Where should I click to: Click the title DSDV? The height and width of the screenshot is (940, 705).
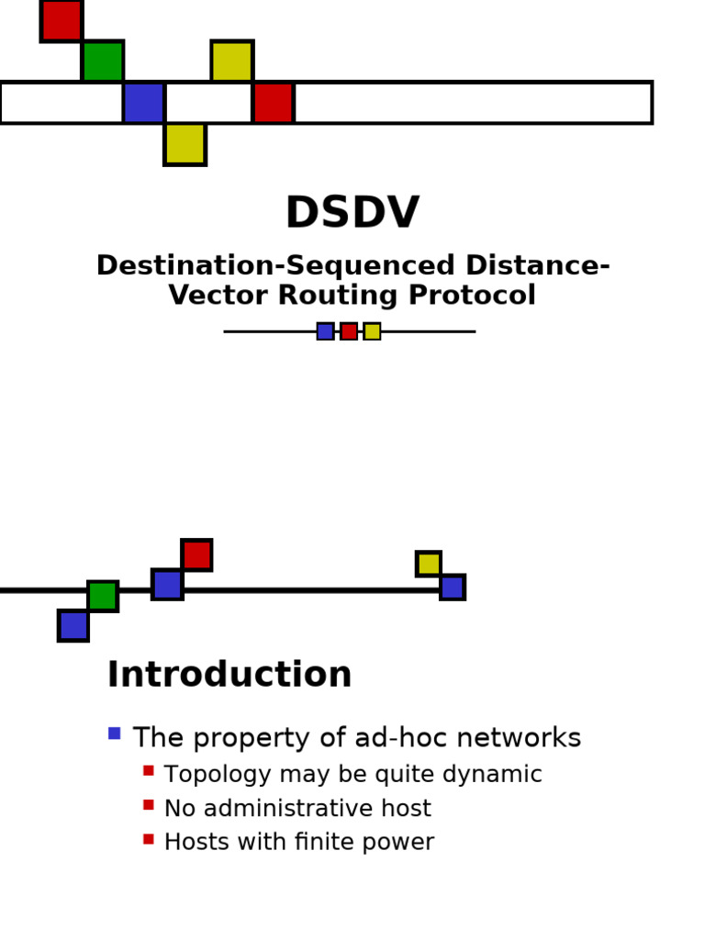(x=352, y=214)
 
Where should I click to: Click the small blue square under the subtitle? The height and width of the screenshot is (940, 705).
(x=325, y=331)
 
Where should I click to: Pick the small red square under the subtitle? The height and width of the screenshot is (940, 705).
(x=349, y=331)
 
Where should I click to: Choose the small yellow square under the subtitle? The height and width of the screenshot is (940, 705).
(x=372, y=331)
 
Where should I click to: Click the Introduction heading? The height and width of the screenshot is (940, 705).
(x=229, y=676)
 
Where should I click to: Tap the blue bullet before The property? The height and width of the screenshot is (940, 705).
(x=114, y=733)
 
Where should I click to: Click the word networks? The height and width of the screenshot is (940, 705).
(x=528, y=738)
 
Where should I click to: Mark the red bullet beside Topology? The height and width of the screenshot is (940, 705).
(x=149, y=771)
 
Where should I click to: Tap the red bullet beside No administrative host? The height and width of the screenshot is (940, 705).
(x=149, y=805)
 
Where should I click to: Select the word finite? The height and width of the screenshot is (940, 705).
(x=330, y=843)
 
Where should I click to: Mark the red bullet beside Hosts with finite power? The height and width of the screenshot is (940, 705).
(x=149, y=839)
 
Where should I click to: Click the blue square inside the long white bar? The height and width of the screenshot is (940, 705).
(x=144, y=103)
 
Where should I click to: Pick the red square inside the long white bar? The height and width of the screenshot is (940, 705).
(x=273, y=103)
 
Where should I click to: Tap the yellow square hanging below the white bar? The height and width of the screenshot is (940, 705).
(x=185, y=144)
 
